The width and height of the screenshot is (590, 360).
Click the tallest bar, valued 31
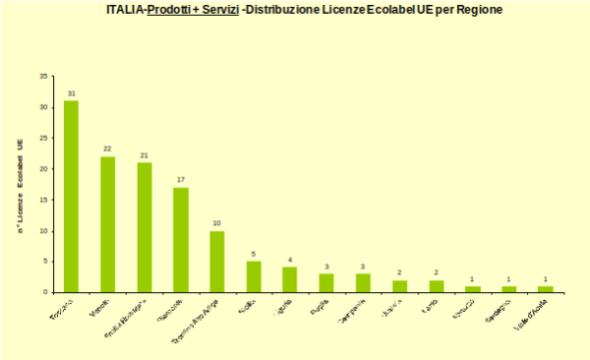click(71, 196)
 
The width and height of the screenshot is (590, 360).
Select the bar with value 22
click(107, 224)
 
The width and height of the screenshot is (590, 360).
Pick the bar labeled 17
click(180, 239)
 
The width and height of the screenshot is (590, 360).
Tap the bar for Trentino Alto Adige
click(216, 262)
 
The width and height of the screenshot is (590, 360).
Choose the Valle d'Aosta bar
click(545, 289)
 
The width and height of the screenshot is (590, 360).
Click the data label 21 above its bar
click(144, 155)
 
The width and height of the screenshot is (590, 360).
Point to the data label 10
click(216, 223)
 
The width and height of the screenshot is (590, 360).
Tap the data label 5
click(254, 254)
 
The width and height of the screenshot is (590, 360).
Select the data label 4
click(290, 260)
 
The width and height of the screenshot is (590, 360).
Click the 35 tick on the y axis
click(44, 76)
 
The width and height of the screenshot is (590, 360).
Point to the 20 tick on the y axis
click(44, 169)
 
